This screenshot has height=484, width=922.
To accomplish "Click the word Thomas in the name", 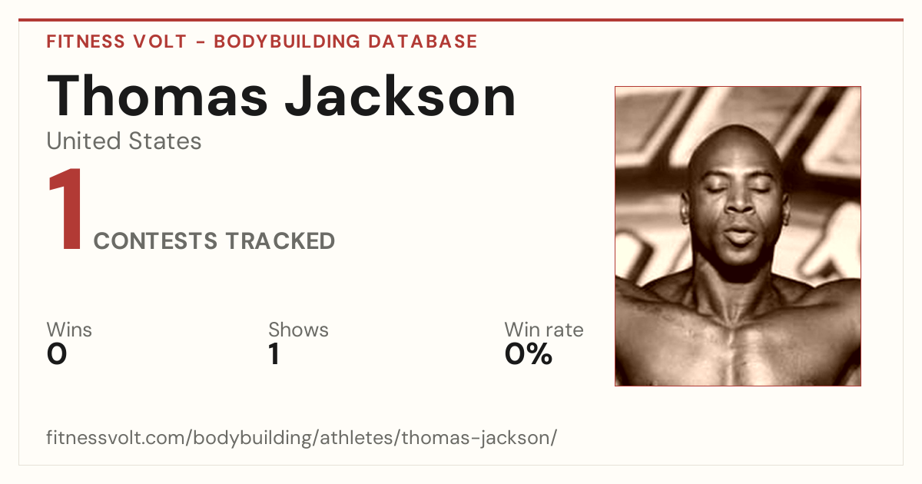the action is pos(158,96).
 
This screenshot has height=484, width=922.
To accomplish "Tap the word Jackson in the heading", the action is pos(400,96).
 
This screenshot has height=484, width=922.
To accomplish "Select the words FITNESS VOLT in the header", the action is pos(117,41).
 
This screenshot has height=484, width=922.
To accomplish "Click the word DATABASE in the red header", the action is pos(423,41).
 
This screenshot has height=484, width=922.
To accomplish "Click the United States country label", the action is pos(124,141).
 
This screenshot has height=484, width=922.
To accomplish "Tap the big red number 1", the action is pos(65,208).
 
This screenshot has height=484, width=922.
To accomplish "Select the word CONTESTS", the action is pos(155,240).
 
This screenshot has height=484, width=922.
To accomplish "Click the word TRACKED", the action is pos(280,240).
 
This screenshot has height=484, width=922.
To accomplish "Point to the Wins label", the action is pos(69,330).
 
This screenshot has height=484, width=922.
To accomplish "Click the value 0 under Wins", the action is pos(57,354).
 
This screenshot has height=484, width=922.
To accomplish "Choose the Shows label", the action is pos(298,330).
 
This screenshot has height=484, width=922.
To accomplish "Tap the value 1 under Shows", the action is pos(274,354).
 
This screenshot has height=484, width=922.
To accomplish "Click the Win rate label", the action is pos(544,330).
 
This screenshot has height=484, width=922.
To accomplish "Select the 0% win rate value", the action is pos(529,354).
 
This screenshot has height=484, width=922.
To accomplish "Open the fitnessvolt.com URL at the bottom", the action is pos(302,437).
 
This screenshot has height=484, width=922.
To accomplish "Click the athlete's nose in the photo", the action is pos(739,201).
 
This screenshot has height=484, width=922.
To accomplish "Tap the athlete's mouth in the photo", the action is pos(740,234).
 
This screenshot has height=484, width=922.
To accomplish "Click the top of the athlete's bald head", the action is pos(735,127).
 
